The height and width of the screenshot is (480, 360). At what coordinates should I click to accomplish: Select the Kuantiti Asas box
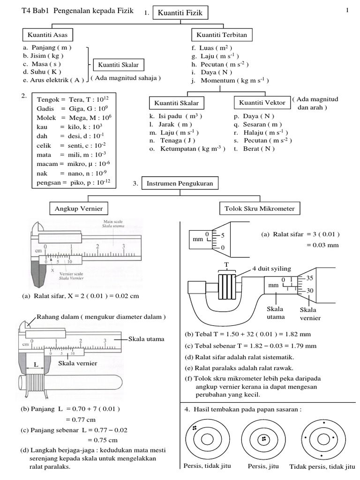(47, 35)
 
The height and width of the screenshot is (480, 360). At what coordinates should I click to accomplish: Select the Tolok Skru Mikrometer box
(260, 208)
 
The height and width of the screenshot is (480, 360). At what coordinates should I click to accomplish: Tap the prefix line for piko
(74, 182)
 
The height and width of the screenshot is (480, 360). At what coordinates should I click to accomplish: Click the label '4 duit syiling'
(271, 269)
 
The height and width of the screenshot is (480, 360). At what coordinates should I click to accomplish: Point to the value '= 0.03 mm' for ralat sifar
(323, 245)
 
